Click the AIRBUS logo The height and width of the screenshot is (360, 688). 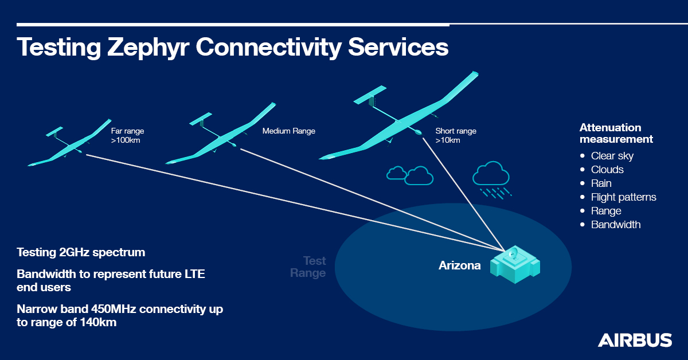click(x=635, y=340)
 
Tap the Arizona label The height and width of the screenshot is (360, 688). click(x=460, y=265)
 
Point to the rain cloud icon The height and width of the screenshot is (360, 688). click(x=491, y=175)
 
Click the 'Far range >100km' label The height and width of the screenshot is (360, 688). click(x=127, y=135)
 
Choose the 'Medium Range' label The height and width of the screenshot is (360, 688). click(x=289, y=131)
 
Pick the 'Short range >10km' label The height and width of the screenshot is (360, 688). click(x=456, y=135)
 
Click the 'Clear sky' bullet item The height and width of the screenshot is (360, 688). click(x=612, y=156)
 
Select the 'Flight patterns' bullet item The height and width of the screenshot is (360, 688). click(x=624, y=197)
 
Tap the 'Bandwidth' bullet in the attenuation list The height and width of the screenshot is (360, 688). click(x=616, y=225)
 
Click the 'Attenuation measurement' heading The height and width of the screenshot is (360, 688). click(x=616, y=133)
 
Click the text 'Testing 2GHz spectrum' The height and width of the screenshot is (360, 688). click(x=81, y=252)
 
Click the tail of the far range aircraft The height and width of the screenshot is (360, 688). click(x=55, y=130)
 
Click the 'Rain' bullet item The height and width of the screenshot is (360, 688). click(x=601, y=183)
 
